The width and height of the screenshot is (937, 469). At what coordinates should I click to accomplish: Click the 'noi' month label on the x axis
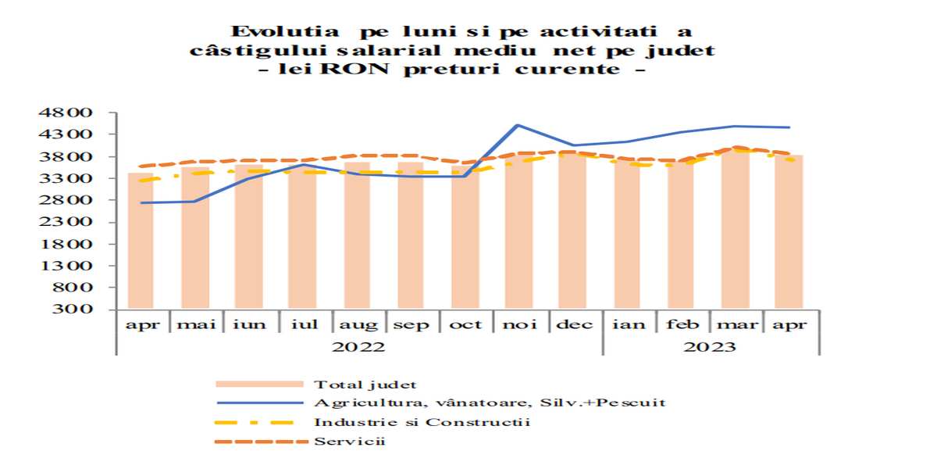click(x=520, y=324)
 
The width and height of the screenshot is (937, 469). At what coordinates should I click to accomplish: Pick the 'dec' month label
click(x=574, y=324)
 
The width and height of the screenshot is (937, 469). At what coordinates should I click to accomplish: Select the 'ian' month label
click(x=629, y=324)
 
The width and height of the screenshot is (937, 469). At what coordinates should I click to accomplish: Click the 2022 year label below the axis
click(x=358, y=346)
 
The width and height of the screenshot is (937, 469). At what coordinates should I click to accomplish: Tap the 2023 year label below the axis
click(x=709, y=346)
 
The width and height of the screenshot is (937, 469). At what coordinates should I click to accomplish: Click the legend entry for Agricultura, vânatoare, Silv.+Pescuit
click(x=490, y=403)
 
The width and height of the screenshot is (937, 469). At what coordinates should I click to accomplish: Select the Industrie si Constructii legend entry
click(x=422, y=422)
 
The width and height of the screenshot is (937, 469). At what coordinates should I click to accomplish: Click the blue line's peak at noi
click(x=518, y=125)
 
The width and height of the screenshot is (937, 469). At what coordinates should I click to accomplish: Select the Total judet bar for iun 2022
click(x=249, y=238)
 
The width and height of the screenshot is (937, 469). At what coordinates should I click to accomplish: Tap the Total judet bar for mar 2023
click(x=736, y=231)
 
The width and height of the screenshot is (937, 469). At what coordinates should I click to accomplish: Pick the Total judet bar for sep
click(x=411, y=236)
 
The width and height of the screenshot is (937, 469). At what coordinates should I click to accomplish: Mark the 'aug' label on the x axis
click(x=358, y=324)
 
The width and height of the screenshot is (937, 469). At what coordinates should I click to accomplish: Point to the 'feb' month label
click(x=682, y=324)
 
